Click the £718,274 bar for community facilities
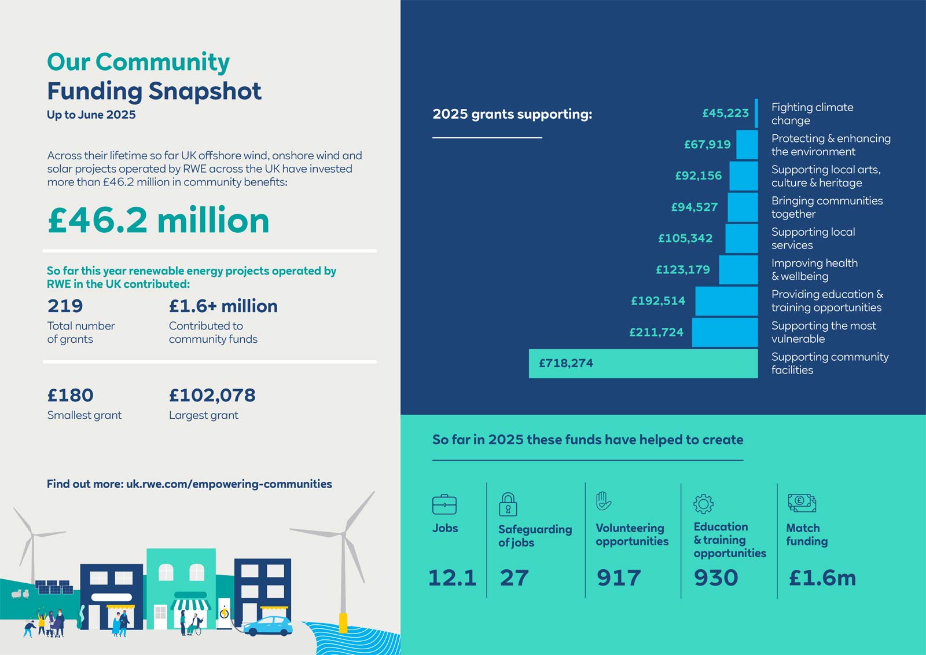click(x=642, y=363)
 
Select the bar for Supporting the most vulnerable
click(x=725, y=332)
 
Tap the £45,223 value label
click(x=725, y=113)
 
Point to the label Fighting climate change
click(x=812, y=114)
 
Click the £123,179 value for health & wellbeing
click(x=682, y=269)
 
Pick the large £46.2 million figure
click(x=159, y=220)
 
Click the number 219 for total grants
click(x=65, y=306)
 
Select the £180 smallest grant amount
click(x=70, y=395)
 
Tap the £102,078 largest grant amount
click(x=212, y=395)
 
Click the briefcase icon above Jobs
click(x=444, y=504)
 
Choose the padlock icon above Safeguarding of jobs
click(x=508, y=504)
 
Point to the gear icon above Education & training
click(x=703, y=504)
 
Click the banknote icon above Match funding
click(x=802, y=503)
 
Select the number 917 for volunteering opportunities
click(x=619, y=577)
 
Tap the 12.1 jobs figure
click(x=452, y=577)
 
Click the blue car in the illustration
click(x=269, y=626)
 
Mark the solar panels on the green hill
click(x=54, y=587)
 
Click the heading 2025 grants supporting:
click(x=512, y=114)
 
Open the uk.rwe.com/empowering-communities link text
click(x=229, y=484)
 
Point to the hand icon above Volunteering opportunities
click(x=604, y=500)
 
